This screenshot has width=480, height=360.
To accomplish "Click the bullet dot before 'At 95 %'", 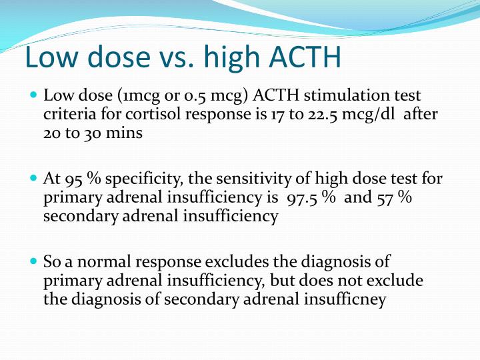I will coord(35,178).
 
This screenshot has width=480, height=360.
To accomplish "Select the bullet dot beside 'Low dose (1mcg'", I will coord(35,95).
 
